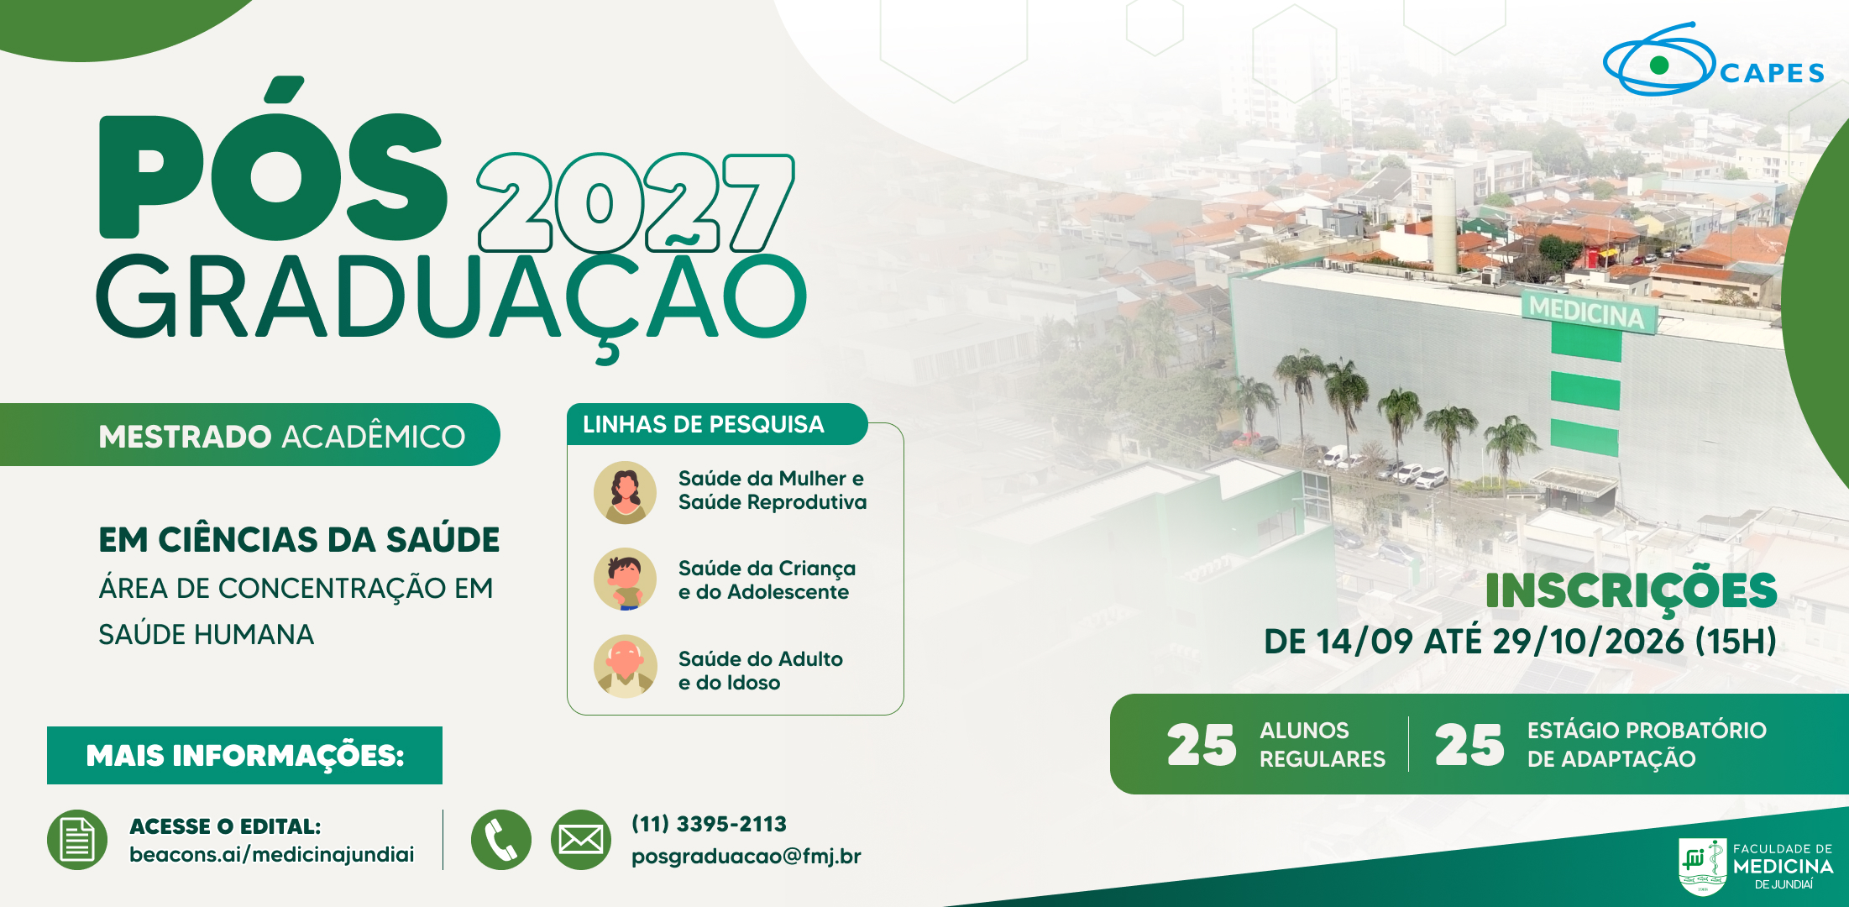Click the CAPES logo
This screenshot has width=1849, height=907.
coord(1714,60)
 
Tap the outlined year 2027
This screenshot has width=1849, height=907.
coord(636,202)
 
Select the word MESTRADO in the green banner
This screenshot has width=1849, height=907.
coord(185,437)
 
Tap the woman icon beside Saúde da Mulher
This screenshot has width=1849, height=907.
coord(626,492)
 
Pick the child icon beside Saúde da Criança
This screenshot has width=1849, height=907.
coord(626,579)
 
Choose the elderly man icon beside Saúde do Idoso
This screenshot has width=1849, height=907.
coord(626,667)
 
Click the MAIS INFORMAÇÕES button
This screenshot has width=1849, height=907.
coord(244,755)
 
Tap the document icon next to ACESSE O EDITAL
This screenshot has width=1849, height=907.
coord(77,840)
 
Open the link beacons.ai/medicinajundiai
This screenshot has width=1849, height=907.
coord(272,855)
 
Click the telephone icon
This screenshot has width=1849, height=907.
coord(501,840)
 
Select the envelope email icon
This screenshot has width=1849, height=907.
coord(581,840)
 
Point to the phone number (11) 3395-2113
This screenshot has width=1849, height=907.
coord(710,824)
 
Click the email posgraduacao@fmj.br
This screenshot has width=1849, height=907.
coord(746,856)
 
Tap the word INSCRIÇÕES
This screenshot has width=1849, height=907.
coord(1631,590)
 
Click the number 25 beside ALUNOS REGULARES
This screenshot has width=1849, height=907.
coord(1202,745)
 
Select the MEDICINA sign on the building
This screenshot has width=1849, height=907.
coord(1587,312)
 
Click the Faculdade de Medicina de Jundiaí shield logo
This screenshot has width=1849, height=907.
coord(1703,867)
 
